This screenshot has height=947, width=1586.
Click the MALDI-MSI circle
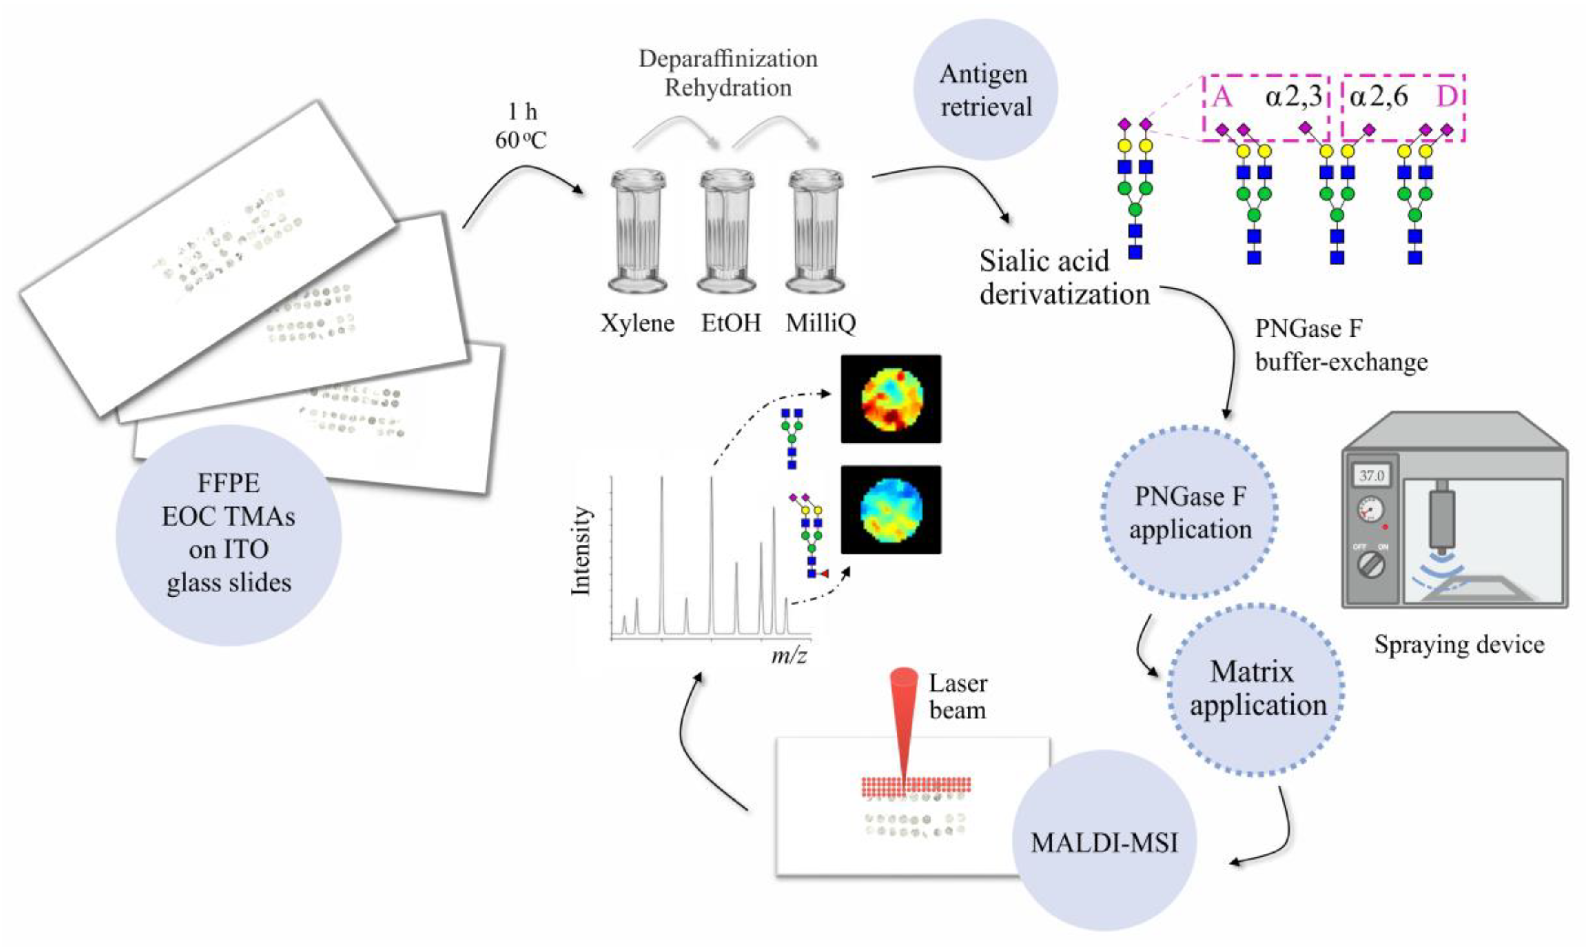pos(1104,842)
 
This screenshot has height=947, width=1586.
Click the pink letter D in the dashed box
pos(1447,97)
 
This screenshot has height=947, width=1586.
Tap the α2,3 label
pos(1293,97)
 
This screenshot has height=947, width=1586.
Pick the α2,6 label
pos(1378,97)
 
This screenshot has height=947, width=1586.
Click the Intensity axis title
pos(581,551)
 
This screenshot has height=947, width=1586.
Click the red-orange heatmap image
pos(891,399)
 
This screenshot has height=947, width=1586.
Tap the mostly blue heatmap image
pos(891,509)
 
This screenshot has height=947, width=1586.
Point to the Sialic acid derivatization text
pos(1064,278)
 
